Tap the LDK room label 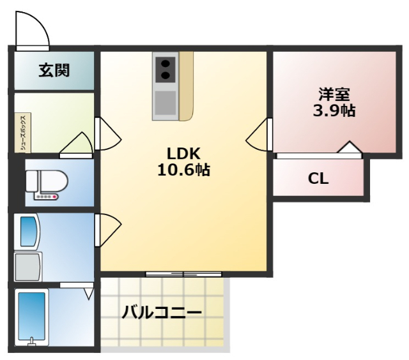coord(184,154)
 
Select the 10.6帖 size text coord(184,170)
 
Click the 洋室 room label coord(334,94)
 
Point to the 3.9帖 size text coord(334,110)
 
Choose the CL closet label coord(318,179)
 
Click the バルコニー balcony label coord(162,313)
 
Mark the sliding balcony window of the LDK coord(183,274)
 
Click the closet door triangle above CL coord(350,149)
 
